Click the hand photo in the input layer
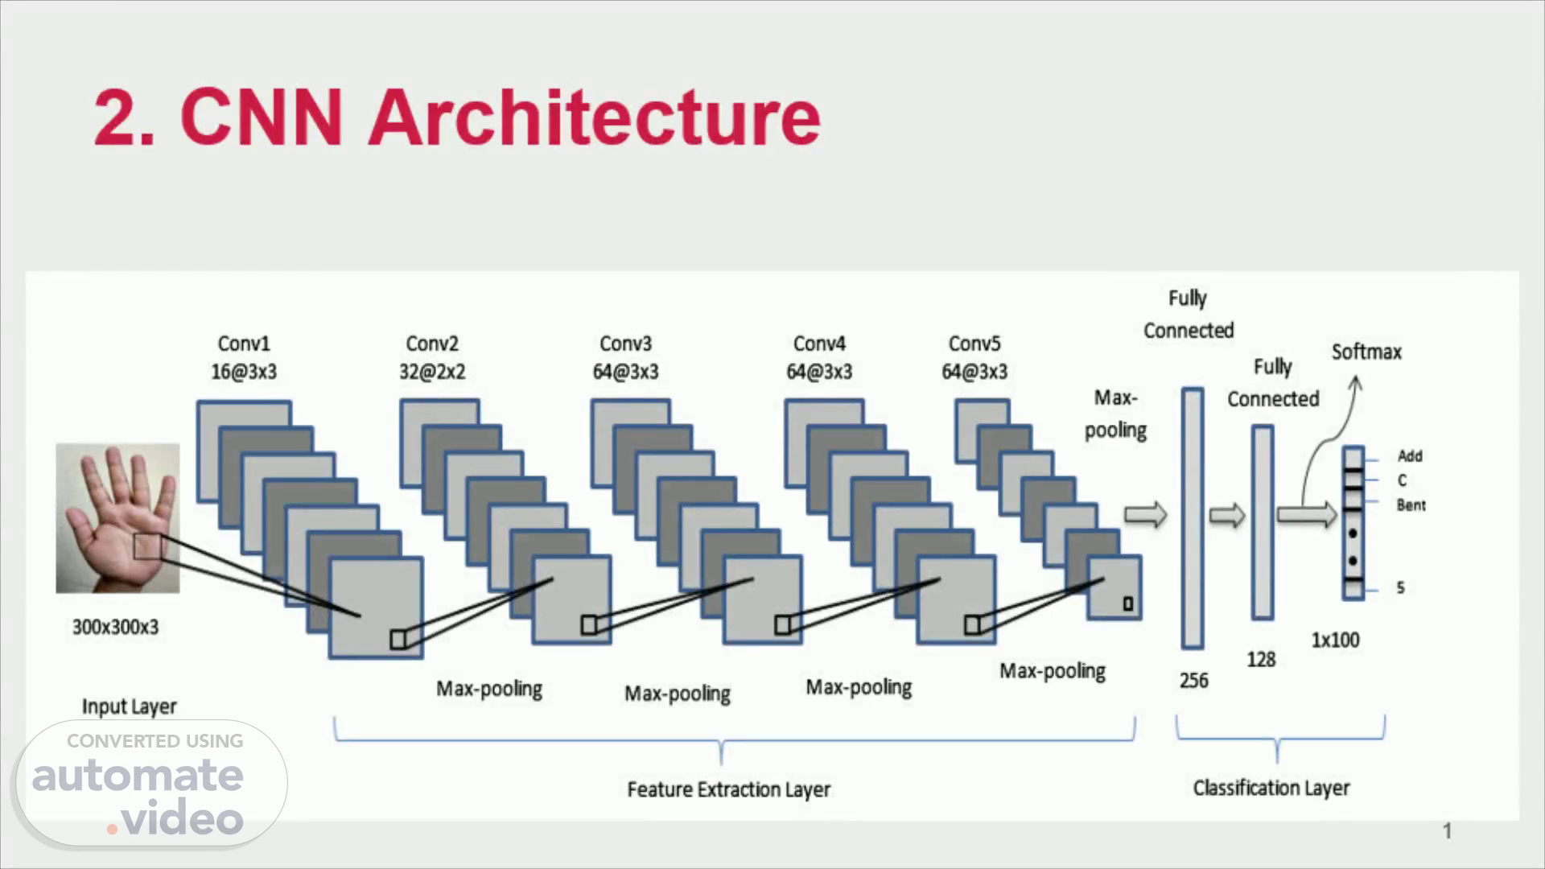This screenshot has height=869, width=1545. tap(117, 517)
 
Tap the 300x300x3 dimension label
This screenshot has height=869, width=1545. tap(116, 627)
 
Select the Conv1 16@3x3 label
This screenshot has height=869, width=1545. tap(244, 358)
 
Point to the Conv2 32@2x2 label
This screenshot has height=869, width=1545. tap(432, 358)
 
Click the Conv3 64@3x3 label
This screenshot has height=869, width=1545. tap(625, 358)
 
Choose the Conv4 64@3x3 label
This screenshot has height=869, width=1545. tap(819, 358)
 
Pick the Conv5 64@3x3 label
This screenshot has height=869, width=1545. tap(974, 358)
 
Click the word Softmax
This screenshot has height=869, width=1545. tap(1366, 352)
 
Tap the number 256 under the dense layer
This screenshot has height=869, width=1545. tap(1194, 681)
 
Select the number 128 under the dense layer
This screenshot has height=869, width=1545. tap(1261, 660)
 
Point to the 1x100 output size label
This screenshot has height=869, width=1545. tap(1336, 640)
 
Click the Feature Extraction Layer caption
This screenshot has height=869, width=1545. tap(729, 789)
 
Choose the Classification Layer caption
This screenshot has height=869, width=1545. tap(1271, 788)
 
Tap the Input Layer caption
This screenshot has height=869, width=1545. tap(130, 706)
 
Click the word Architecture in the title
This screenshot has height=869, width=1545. tap(594, 117)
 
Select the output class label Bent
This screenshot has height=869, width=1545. tap(1411, 505)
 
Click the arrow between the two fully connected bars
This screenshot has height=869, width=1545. tap(1227, 515)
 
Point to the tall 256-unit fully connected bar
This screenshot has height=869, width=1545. tap(1193, 518)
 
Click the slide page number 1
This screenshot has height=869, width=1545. tap(1447, 831)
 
